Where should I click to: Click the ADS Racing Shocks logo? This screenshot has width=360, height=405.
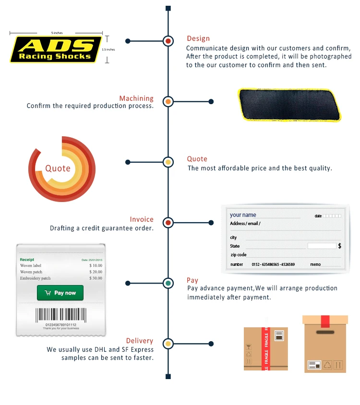pos(56,49)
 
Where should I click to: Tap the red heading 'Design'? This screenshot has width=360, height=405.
pos(198,38)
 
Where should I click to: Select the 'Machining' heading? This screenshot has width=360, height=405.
pos(136,98)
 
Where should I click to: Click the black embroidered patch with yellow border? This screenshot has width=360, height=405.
pos(288,104)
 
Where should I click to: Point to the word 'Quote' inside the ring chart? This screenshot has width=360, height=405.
pos(58,168)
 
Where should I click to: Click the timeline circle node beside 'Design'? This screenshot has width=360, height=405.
pos(168,41)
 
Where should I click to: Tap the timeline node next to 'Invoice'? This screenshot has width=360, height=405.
pos(168,223)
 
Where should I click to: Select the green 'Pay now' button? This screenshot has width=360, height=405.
pos(60,293)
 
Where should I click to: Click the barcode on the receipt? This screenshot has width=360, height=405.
pos(60,315)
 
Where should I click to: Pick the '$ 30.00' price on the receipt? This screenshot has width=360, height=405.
pos(96,278)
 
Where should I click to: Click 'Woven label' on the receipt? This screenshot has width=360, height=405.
pos(31,265)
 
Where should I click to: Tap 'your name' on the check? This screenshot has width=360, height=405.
pos(243,215)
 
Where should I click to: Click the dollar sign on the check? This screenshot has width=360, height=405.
pos(340,246)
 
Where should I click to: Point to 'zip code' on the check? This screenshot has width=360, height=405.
pos(239,254)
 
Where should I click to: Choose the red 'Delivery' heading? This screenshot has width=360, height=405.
pos(139,341)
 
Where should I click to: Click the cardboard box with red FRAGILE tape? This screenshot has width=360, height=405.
pos(265,348)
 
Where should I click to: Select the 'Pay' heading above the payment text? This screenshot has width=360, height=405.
pos(192,280)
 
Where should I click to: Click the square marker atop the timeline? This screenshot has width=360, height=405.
pos(168,8)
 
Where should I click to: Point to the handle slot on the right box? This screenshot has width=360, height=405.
pos(325,332)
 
